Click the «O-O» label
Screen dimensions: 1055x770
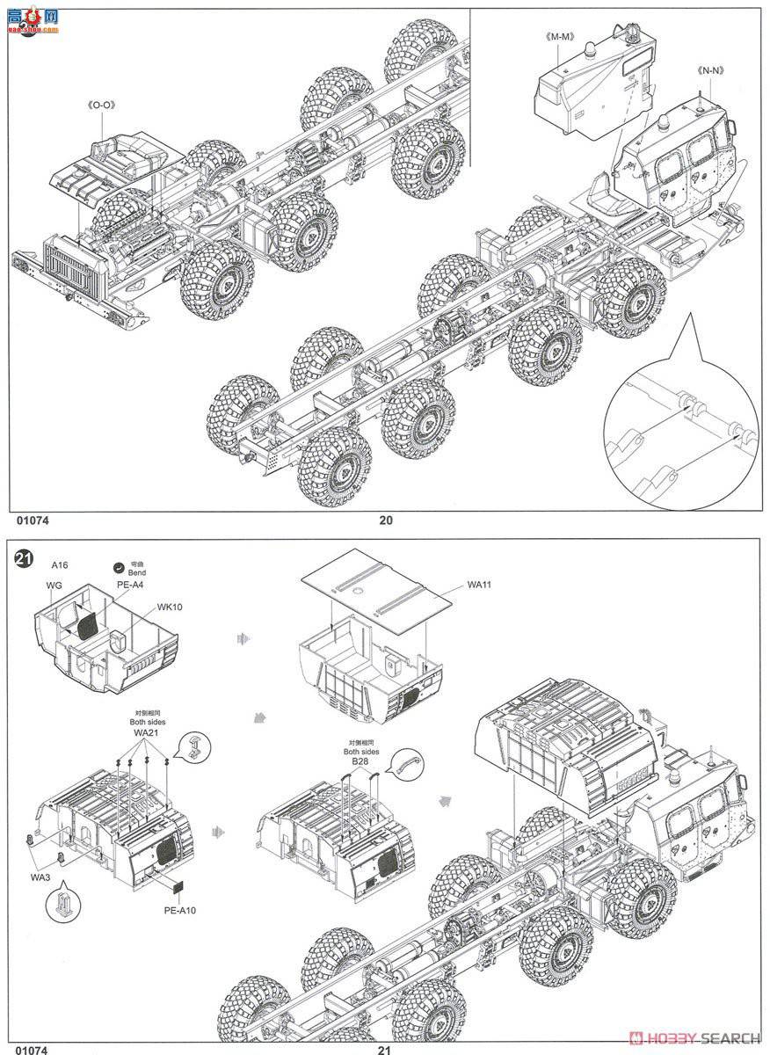pyautogui.click(x=102, y=105)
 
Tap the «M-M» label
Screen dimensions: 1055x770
pyautogui.click(x=559, y=36)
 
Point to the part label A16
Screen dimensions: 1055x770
pyautogui.click(x=60, y=564)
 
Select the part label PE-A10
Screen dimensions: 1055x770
pyautogui.click(x=179, y=910)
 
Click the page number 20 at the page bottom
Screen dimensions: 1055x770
pyautogui.click(x=385, y=520)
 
